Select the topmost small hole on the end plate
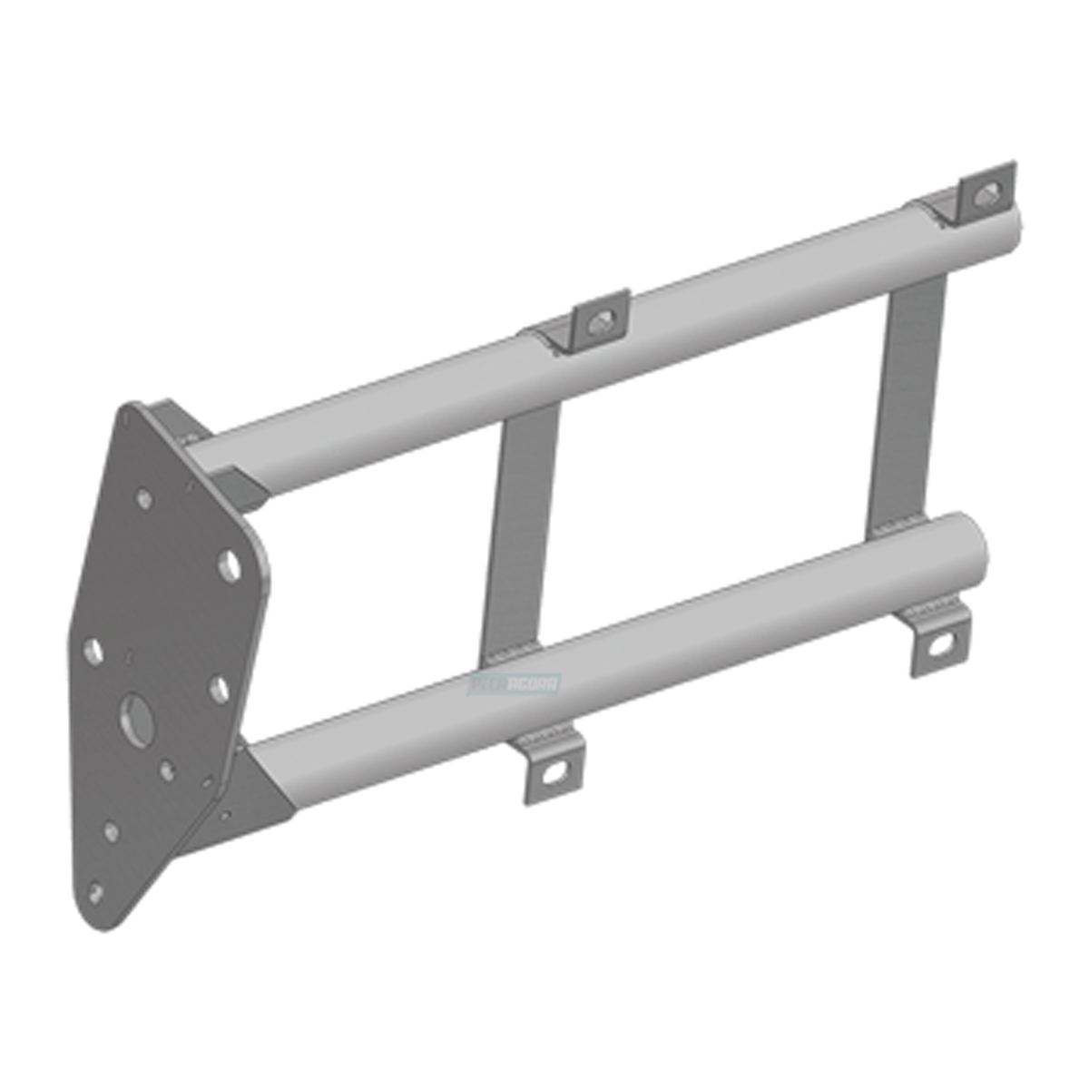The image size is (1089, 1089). (143, 498)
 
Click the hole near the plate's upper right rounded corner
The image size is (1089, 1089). (230, 566)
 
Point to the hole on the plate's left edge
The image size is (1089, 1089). (93, 650)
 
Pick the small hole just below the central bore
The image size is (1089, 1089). (166, 770)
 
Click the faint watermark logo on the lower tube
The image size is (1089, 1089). (514, 683)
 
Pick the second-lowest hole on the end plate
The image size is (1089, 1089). (112, 831)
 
